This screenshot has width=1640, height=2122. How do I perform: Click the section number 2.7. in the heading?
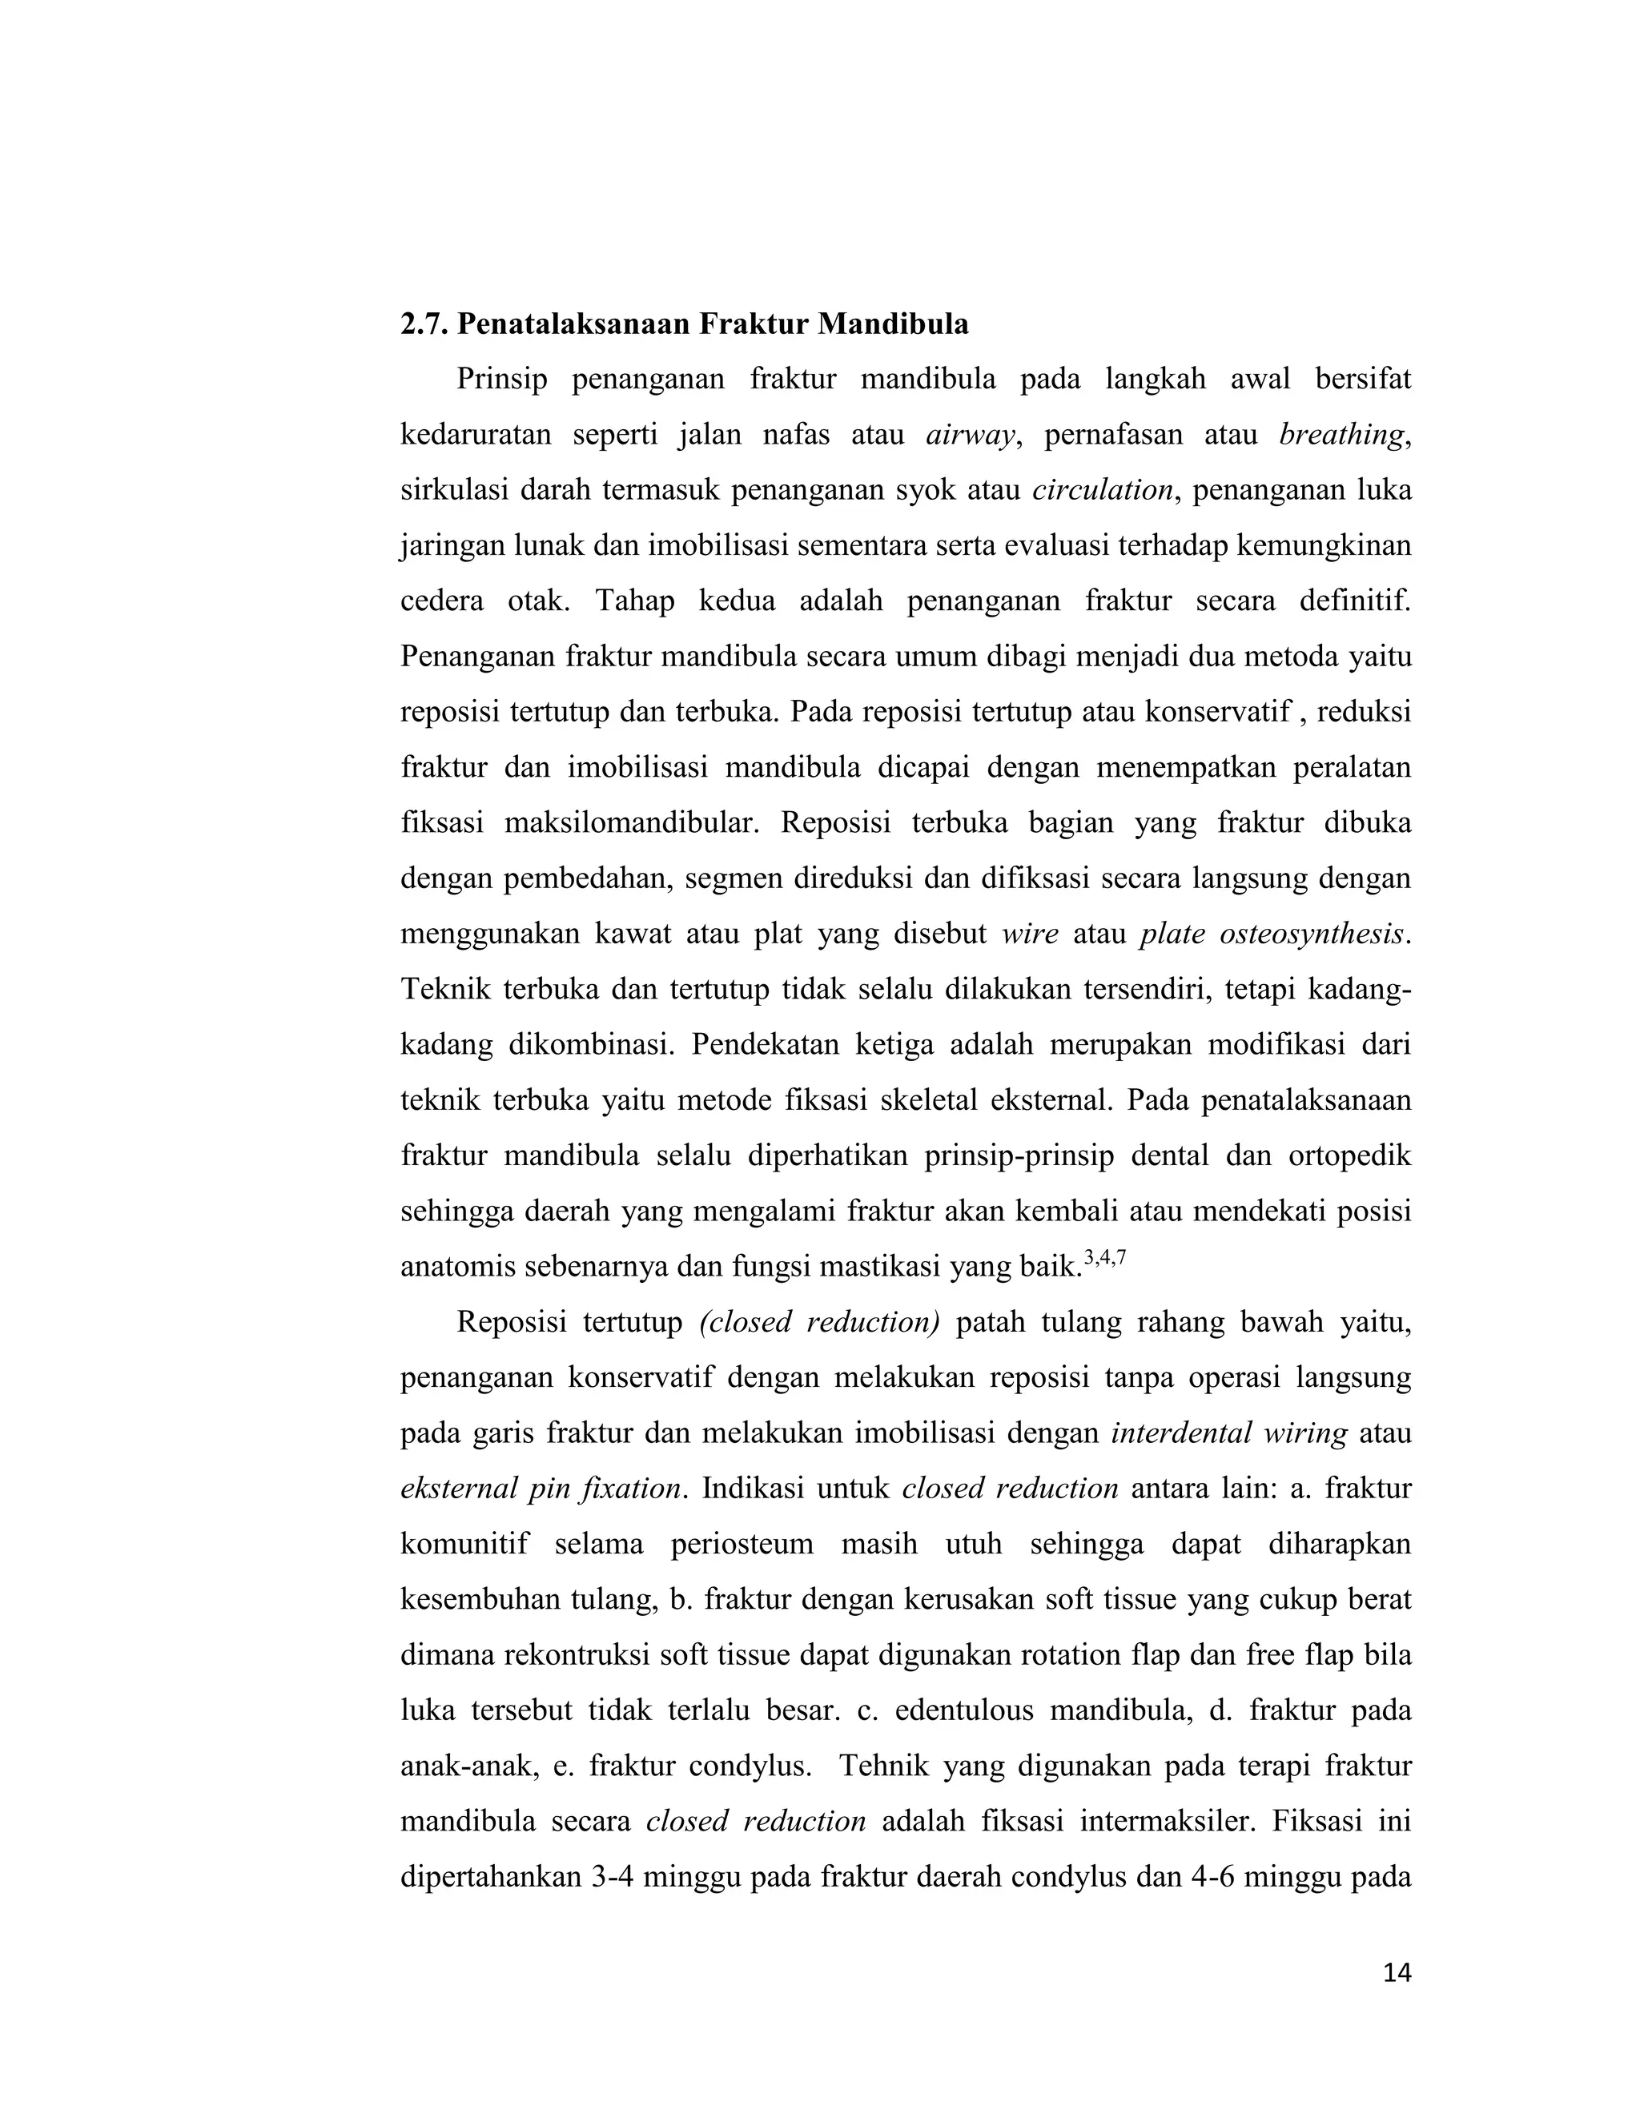[x=424, y=324]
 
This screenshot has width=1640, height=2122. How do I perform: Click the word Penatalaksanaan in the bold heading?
[x=576, y=324]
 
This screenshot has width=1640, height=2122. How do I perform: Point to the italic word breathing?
[x=1342, y=434]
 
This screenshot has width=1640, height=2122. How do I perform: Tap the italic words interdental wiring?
[x=1229, y=1433]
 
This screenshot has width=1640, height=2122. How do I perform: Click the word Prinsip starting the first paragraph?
[x=502, y=379]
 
